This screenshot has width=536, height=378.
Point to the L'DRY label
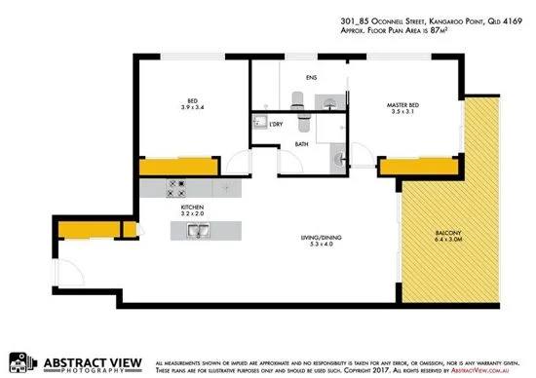tap(276, 124)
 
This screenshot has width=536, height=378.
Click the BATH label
tap(301, 144)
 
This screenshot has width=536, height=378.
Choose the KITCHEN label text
tap(190, 208)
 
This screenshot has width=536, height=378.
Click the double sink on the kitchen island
tap(197, 231)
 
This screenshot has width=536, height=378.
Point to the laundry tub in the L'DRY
tap(260, 122)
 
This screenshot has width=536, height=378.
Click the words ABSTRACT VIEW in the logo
tap(96, 356)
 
